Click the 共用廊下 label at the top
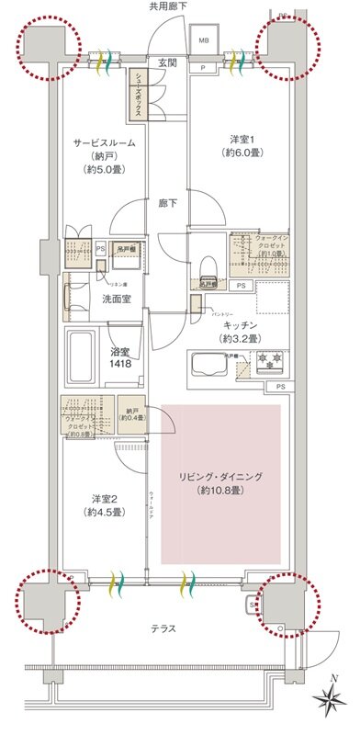pyautogui.click(x=169, y=7)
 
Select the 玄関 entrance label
pyautogui.click(x=167, y=62)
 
